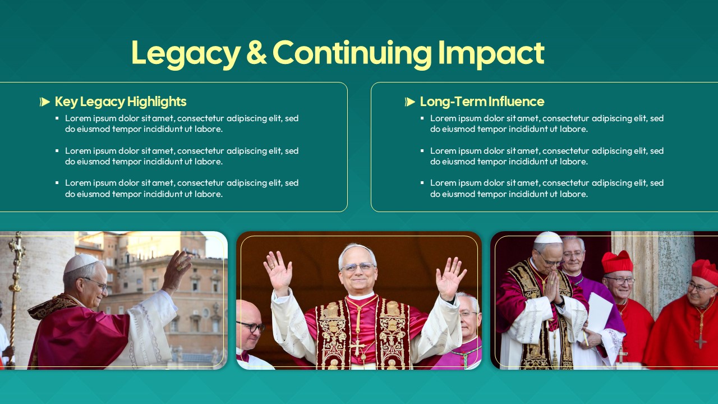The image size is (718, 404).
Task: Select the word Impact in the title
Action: click(x=491, y=53)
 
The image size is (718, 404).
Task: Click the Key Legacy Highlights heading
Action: click(x=121, y=102)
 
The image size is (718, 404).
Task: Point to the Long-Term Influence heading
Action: click(x=482, y=102)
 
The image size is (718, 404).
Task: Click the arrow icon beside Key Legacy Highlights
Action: click(x=45, y=102)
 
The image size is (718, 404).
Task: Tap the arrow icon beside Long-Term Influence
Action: click(x=410, y=102)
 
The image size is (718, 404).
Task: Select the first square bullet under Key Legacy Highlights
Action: click(x=57, y=118)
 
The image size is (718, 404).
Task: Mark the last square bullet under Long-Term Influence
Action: click(x=422, y=183)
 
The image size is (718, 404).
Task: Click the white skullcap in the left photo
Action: click(x=81, y=263)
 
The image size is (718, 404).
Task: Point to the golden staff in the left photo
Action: click(x=15, y=281)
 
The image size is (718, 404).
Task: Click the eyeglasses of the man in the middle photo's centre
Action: click(x=357, y=267)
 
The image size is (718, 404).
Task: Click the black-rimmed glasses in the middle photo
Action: click(x=250, y=327)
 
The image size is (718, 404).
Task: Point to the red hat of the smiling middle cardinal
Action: click(x=617, y=261)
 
